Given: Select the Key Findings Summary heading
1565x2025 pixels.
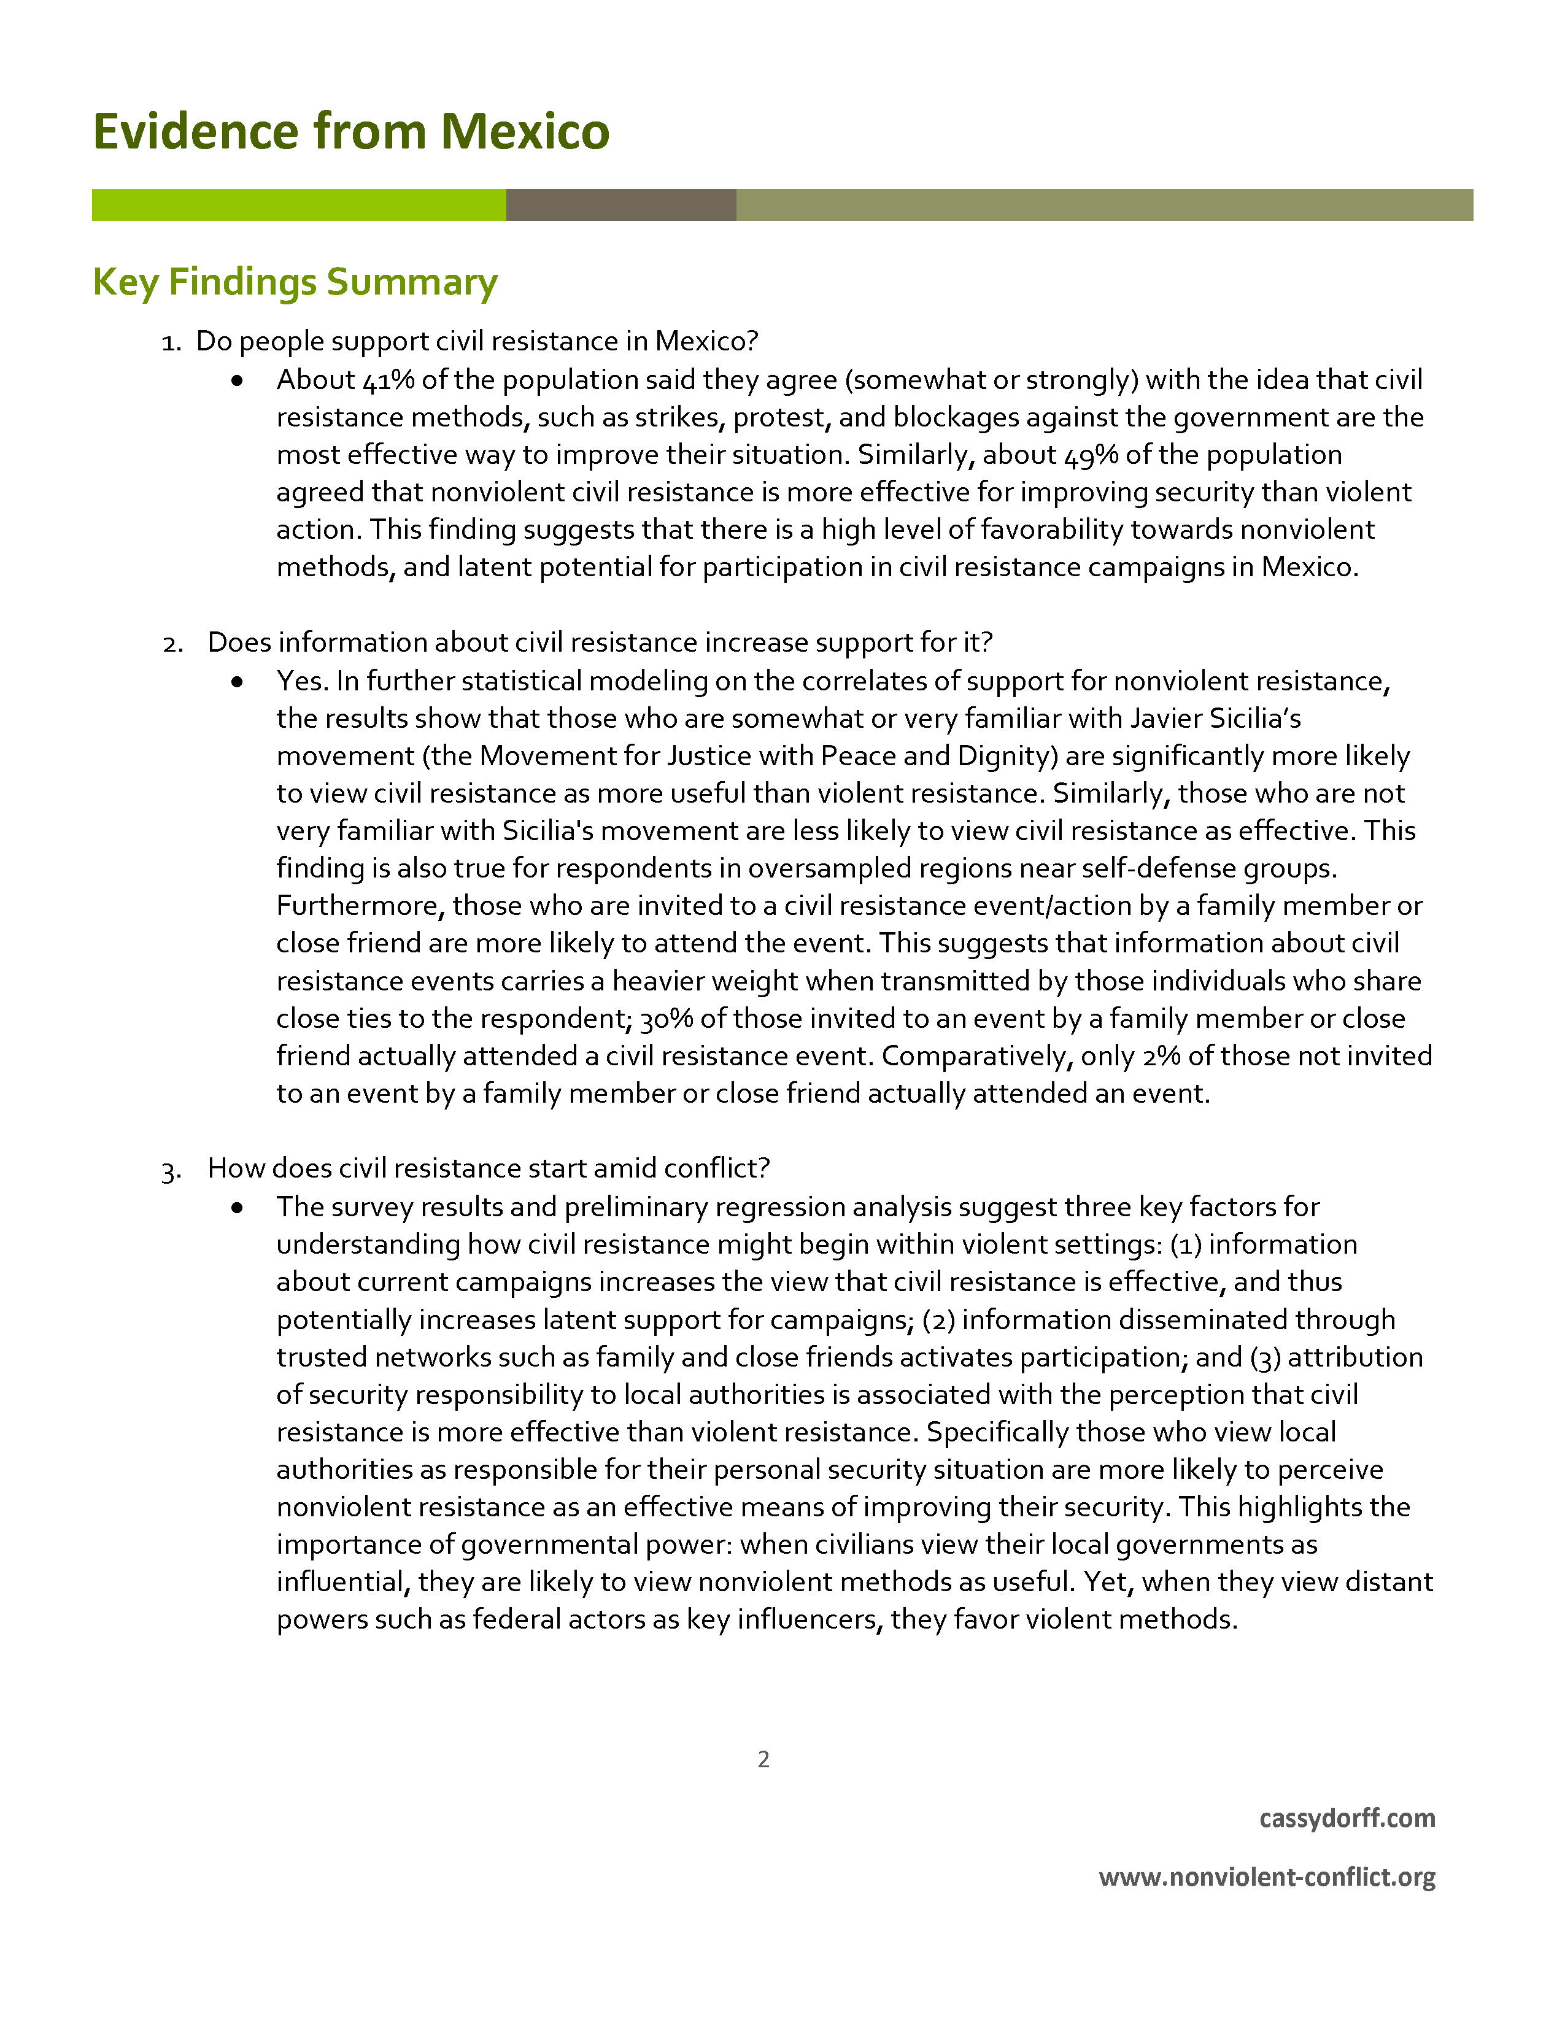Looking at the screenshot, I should pos(295,282).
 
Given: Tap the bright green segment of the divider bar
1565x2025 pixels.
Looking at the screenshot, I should pos(298,205).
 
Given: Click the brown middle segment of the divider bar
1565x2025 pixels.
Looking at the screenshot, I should pos(620,205).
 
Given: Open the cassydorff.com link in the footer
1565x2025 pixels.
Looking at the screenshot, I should pos(1346,1818).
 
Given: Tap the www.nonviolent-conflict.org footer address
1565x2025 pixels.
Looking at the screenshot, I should pos(1267,1878).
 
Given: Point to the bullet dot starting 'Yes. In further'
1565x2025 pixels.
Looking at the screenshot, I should pos(238,682).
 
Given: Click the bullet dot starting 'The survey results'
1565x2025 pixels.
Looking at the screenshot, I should pos(238,1207).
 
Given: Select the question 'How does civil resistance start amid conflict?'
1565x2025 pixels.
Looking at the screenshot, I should pos(489,1168).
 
